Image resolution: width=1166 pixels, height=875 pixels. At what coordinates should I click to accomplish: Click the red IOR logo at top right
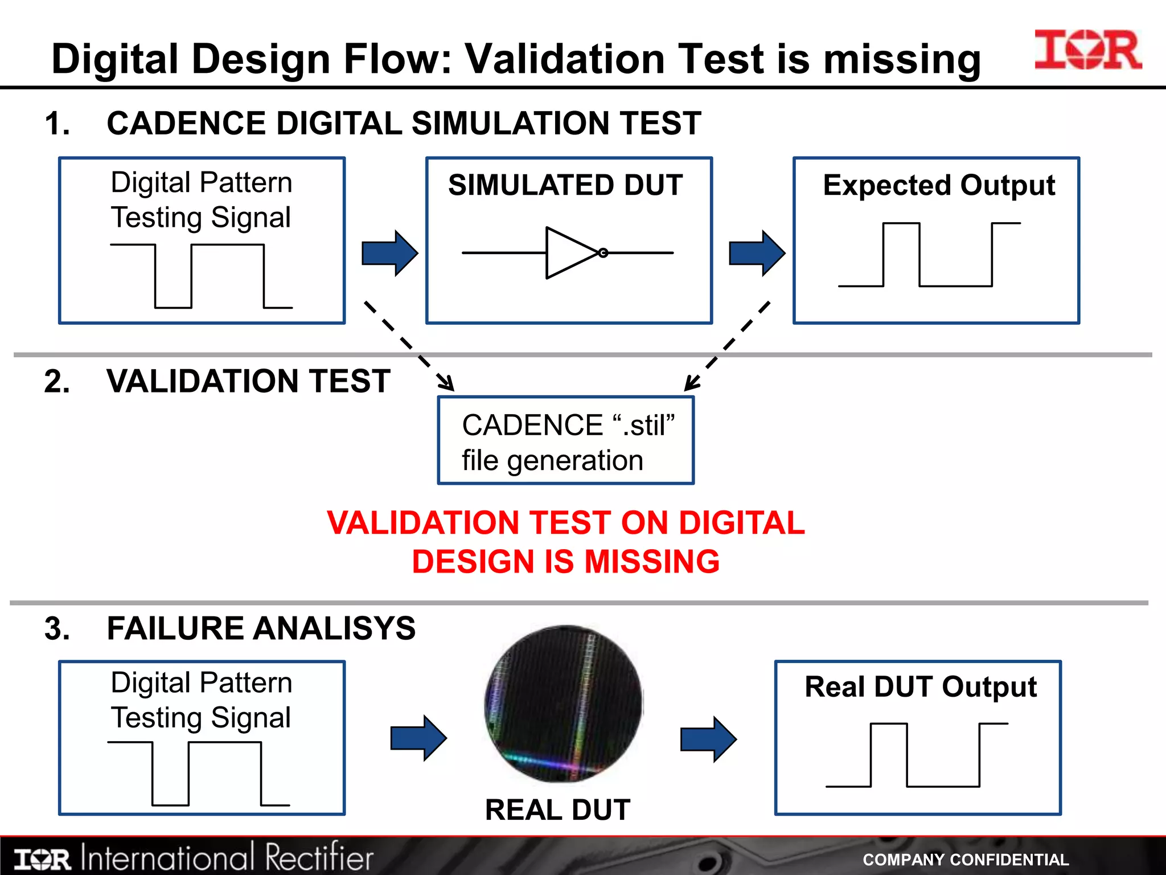(x=1088, y=50)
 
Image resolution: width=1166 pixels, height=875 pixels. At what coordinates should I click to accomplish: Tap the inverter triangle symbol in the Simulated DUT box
(x=572, y=253)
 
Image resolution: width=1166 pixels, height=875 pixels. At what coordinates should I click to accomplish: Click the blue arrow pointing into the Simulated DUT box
(x=390, y=253)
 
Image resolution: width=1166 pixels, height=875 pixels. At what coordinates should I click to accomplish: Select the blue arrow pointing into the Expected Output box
(x=757, y=253)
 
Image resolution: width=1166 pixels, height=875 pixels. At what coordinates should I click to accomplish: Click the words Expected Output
(x=939, y=186)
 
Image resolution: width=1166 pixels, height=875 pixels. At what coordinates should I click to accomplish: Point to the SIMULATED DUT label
(x=565, y=185)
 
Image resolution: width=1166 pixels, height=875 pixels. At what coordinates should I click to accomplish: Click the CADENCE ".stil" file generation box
(x=566, y=441)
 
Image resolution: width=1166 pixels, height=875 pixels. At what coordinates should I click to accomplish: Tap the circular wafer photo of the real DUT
(x=563, y=704)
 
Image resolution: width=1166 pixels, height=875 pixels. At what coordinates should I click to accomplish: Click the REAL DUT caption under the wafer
(x=557, y=809)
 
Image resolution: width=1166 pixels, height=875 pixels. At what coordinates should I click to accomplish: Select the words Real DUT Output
(x=921, y=687)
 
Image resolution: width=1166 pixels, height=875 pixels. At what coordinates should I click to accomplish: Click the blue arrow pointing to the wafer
(x=418, y=739)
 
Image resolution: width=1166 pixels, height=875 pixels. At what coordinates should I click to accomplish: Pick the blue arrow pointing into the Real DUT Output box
(x=708, y=739)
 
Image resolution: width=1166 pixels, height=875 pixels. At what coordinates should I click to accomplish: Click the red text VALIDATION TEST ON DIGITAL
(x=565, y=523)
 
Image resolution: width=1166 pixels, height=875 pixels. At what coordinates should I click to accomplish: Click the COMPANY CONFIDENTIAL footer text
(x=966, y=860)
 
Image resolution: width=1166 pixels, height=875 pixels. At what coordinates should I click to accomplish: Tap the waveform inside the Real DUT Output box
(x=917, y=755)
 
